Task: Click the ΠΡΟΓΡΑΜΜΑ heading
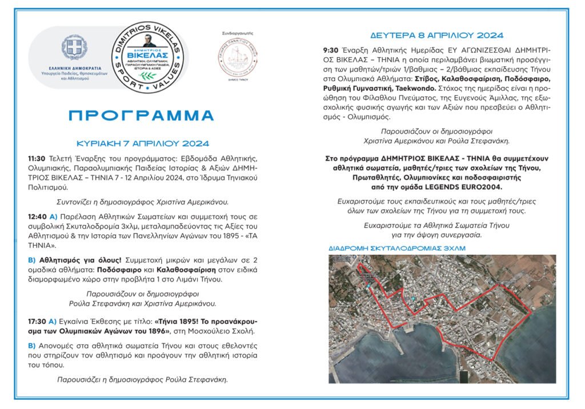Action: click(141, 115)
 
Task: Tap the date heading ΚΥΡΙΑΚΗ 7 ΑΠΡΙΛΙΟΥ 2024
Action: click(143, 143)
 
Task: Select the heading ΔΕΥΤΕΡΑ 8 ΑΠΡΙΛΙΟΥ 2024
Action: click(436, 35)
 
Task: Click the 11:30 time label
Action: click(37, 158)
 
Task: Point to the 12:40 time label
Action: click(37, 218)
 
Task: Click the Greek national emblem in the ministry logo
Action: click(74, 48)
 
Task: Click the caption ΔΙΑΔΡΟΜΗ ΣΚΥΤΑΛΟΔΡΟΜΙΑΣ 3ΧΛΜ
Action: click(396, 249)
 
